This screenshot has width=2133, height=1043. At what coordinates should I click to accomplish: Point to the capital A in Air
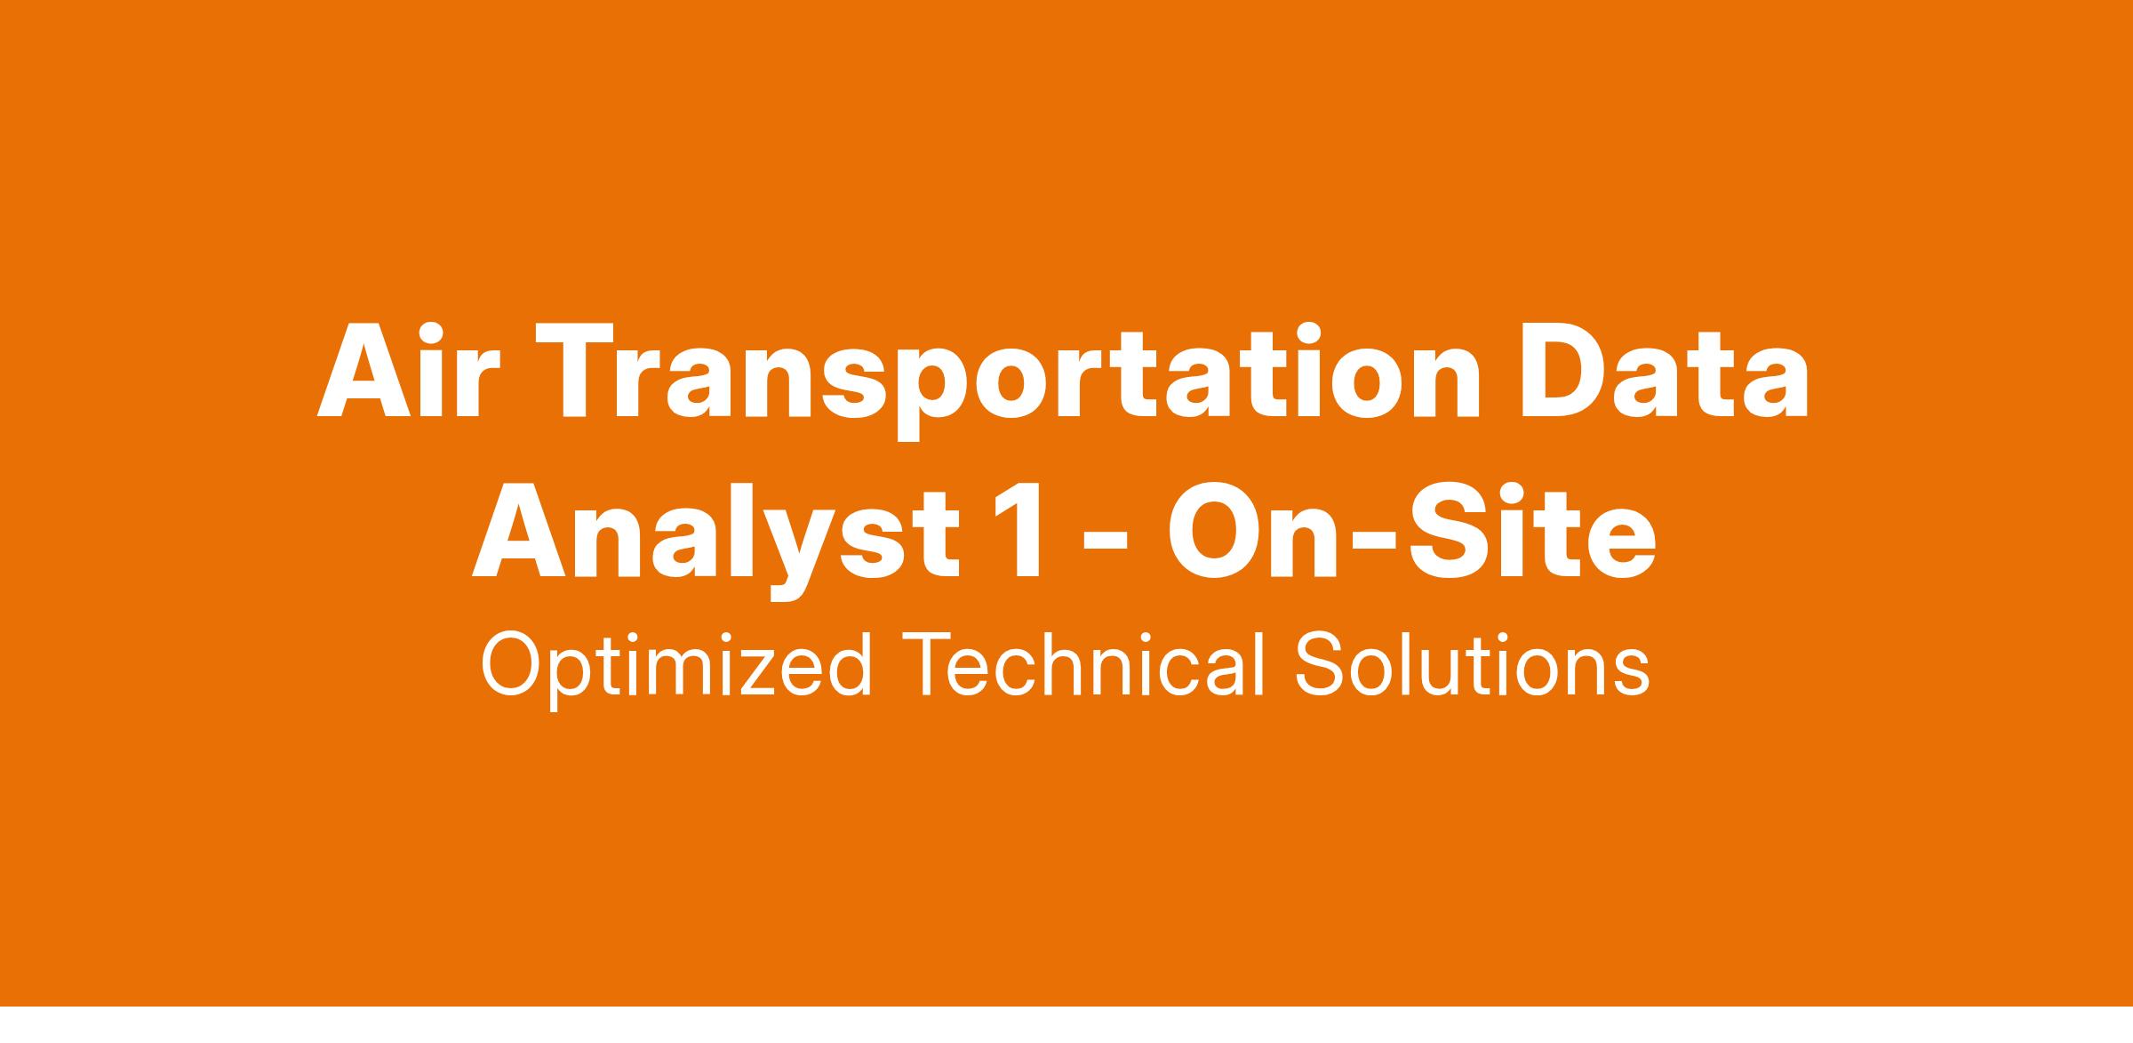[364, 372]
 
